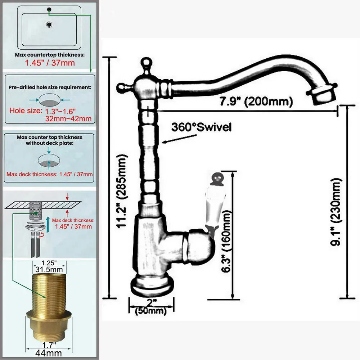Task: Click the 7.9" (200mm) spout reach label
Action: coord(256,101)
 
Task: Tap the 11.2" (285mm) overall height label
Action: coord(121,191)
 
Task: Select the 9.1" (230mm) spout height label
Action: coord(336,212)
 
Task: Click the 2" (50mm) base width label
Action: coord(150,307)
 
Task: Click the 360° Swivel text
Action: coord(201,127)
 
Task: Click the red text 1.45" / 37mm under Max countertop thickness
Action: coord(50,63)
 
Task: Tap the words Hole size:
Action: coord(26,111)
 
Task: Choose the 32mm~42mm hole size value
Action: coord(68,119)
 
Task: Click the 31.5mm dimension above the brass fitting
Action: coord(49,269)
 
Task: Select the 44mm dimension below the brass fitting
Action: coord(49,353)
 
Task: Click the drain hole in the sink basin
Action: coord(49,24)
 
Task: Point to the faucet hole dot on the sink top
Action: coord(49,10)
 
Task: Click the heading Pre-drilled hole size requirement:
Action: coord(50,87)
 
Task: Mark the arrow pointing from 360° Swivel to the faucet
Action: coord(179,139)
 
